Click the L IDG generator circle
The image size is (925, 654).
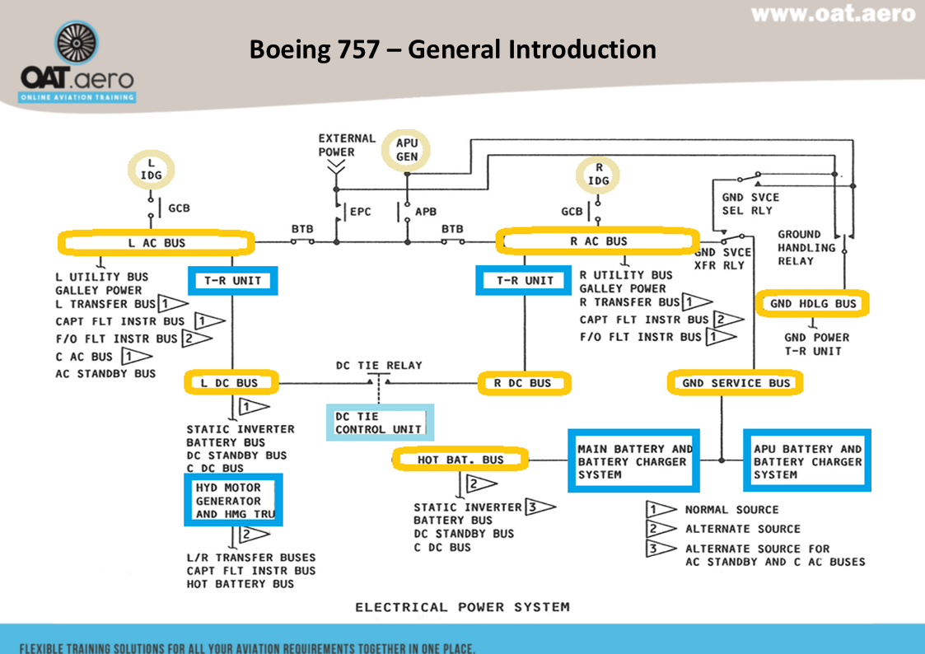pos(151,170)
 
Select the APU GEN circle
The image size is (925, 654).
pos(407,151)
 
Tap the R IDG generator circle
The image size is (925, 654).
pos(598,174)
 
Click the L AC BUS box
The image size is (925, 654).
pos(155,243)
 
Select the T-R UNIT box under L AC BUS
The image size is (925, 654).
pos(233,281)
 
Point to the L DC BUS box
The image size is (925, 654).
pos(230,383)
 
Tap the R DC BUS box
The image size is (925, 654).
pos(525,383)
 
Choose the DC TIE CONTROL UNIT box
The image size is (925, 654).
pos(379,423)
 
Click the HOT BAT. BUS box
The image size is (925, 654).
pos(460,460)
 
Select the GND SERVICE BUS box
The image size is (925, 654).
pos(735,383)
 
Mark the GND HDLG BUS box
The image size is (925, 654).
pos(813,304)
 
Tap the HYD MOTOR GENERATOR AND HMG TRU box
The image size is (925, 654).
pos(233,501)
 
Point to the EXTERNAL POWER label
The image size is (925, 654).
pos(346,145)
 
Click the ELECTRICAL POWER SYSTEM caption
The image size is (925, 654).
pos(462,607)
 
